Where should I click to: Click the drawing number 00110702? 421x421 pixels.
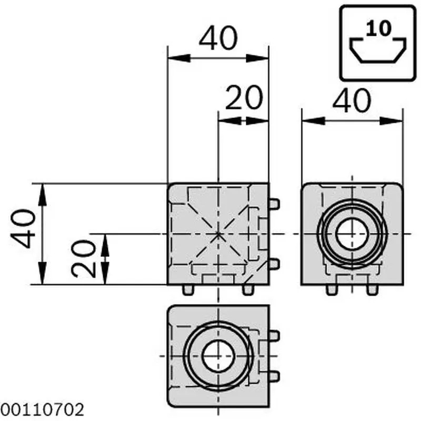click(42, 409)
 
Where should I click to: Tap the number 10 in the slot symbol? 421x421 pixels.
click(379, 29)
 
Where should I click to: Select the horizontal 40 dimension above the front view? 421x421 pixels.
click(218, 39)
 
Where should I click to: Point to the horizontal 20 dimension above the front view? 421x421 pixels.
click(244, 98)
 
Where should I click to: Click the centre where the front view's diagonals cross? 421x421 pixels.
click(218, 234)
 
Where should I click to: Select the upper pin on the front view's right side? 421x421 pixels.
click(274, 204)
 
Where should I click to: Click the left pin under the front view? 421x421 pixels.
click(188, 289)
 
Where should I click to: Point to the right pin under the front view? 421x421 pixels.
click(248, 289)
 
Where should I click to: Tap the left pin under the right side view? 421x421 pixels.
click(331, 289)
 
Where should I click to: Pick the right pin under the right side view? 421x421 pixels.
click(372, 289)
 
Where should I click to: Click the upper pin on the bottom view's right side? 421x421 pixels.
click(274, 335)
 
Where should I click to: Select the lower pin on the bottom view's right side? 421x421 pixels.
click(274, 375)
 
